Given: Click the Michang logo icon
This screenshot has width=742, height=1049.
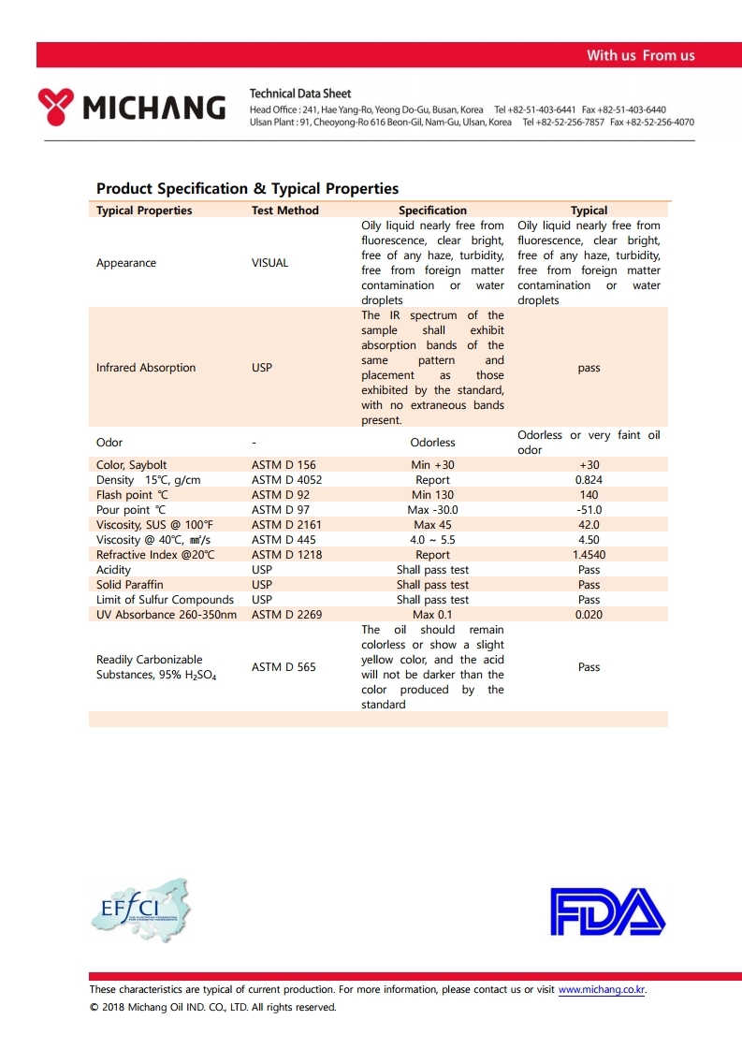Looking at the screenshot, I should click(x=56, y=107).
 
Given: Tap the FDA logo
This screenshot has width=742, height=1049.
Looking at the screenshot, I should click(x=607, y=911).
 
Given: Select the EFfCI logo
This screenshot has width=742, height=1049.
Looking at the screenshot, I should click(x=139, y=911).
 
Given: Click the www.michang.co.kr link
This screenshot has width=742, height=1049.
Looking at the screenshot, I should click(x=602, y=989).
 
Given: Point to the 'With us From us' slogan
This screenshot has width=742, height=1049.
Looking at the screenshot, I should click(x=640, y=55).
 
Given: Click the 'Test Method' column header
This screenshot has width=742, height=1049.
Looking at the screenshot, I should click(x=284, y=211).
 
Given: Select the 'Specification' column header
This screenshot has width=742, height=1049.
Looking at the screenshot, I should click(x=432, y=211).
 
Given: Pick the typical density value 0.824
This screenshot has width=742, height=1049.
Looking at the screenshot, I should click(x=589, y=480).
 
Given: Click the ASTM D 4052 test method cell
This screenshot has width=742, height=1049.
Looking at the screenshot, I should click(x=286, y=480).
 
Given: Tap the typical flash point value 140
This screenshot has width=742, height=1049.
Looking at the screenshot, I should click(x=589, y=495).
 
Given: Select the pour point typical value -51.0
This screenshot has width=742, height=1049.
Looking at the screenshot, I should click(x=589, y=510).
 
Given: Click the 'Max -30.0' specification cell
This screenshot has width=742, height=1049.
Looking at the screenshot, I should click(x=432, y=510).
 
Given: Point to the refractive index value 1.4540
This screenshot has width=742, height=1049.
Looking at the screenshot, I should click(x=589, y=555).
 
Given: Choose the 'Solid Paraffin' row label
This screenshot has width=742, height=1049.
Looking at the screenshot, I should click(x=129, y=585).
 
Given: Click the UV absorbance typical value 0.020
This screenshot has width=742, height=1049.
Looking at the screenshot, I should click(x=589, y=615).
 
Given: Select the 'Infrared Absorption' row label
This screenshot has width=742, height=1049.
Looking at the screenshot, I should click(x=146, y=368).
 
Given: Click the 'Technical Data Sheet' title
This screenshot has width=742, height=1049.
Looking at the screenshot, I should click(x=300, y=94).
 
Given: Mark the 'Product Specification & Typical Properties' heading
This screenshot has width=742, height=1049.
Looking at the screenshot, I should click(x=247, y=189).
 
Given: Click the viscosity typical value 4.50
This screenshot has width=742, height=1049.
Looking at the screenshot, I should click(x=589, y=540).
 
